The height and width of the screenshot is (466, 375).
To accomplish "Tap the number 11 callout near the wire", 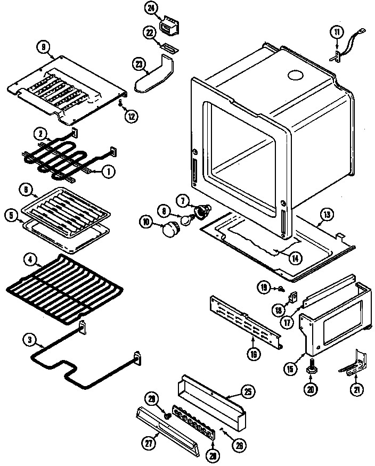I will click(x=336, y=32).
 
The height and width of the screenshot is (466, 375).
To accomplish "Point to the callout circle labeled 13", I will click(x=326, y=215).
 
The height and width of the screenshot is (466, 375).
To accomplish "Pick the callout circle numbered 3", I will click(x=29, y=339).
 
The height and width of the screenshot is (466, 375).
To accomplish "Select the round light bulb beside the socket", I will click(x=186, y=219).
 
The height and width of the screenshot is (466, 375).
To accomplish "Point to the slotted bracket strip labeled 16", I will click(x=245, y=319).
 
